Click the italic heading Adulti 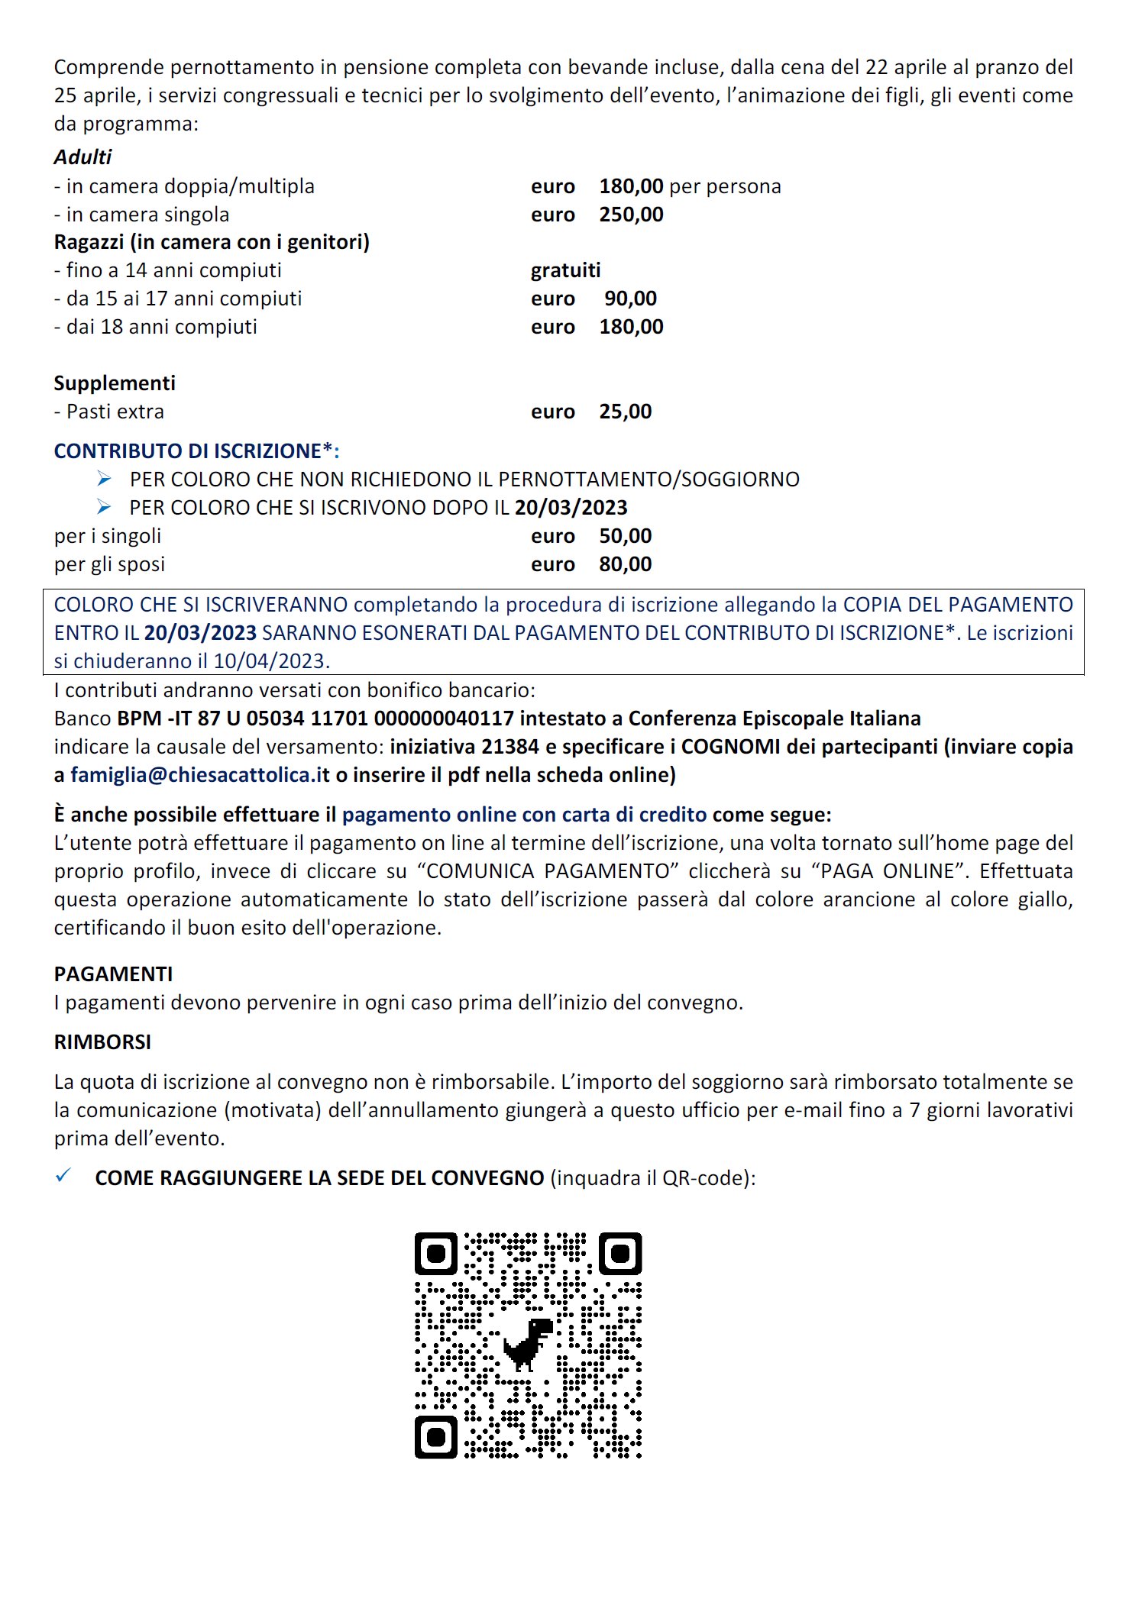[x=82, y=157]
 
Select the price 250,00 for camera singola [x=631, y=215]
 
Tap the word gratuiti [x=565, y=270]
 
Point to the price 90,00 [x=630, y=299]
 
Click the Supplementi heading [x=115, y=383]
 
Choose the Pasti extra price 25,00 [x=625, y=412]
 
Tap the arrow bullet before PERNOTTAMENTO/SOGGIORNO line [x=105, y=480]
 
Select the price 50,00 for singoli [x=625, y=536]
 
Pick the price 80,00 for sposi [x=625, y=564]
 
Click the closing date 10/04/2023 [x=270, y=661]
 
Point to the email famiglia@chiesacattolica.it [x=200, y=775]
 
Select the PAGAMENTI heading [x=113, y=974]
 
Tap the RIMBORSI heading [x=102, y=1042]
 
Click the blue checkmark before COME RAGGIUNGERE [x=63, y=1176]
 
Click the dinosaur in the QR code [x=528, y=1343]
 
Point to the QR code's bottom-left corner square [x=436, y=1437]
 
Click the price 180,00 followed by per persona [x=631, y=186]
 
